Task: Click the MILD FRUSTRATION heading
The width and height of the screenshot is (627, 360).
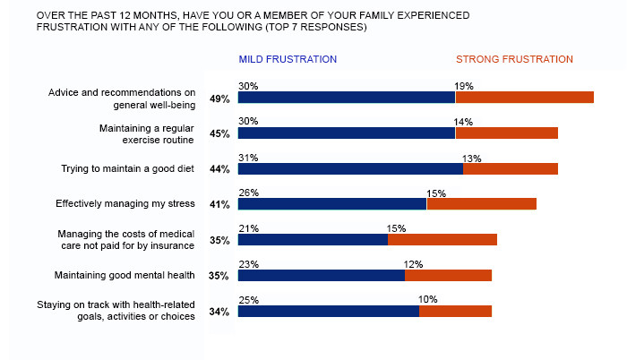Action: tap(288, 59)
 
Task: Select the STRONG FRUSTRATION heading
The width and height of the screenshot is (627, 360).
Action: tap(514, 59)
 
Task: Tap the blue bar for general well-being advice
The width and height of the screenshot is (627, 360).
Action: tap(347, 98)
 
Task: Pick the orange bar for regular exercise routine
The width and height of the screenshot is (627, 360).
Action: tap(506, 133)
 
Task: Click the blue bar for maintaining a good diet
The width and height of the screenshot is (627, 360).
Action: tap(350, 168)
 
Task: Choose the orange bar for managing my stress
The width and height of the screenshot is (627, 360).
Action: tap(481, 204)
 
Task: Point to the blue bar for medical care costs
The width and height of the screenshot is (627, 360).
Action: tap(313, 240)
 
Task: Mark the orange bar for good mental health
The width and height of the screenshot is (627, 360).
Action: tap(448, 276)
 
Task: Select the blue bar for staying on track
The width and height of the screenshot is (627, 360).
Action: tap(329, 312)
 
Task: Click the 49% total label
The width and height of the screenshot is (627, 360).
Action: tap(219, 99)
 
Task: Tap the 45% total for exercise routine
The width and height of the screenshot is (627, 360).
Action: tap(219, 134)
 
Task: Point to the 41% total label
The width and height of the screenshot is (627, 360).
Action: tap(219, 205)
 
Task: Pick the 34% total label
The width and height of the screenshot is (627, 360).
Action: tap(219, 313)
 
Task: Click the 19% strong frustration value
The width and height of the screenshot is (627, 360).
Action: tap(464, 86)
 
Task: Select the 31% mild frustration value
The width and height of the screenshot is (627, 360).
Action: tap(248, 158)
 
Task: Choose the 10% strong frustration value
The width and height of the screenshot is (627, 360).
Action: tap(428, 301)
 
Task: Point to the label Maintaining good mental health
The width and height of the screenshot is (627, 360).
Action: tap(125, 275)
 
